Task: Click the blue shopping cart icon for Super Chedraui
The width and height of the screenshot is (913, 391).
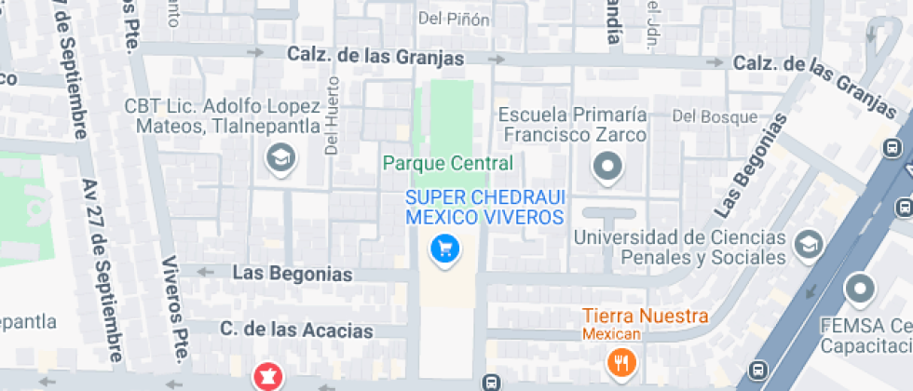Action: [x=444, y=248]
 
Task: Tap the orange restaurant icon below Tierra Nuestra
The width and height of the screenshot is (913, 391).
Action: [x=619, y=360]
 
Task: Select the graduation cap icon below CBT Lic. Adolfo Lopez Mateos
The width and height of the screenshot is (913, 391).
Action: [x=279, y=159]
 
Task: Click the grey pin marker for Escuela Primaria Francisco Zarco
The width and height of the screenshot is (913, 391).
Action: [x=607, y=167]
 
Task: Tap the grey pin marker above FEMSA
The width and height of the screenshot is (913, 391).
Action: [x=860, y=290]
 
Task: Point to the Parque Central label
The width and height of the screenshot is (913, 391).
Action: [x=448, y=164]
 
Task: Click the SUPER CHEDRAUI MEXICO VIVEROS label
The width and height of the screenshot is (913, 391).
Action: [x=484, y=208]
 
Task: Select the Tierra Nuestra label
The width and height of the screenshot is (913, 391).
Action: [x=645, y=317]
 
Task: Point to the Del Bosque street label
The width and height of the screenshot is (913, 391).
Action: [x=715, y=117]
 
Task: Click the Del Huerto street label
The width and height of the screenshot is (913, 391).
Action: [x=331, y=126]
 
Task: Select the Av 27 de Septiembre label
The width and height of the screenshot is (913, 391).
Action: [x=102, y=270]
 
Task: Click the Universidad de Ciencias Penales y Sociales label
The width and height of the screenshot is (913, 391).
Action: [x=680, y=248]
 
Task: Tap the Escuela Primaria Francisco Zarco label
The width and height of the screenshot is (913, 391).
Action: [x=573, y=124]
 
